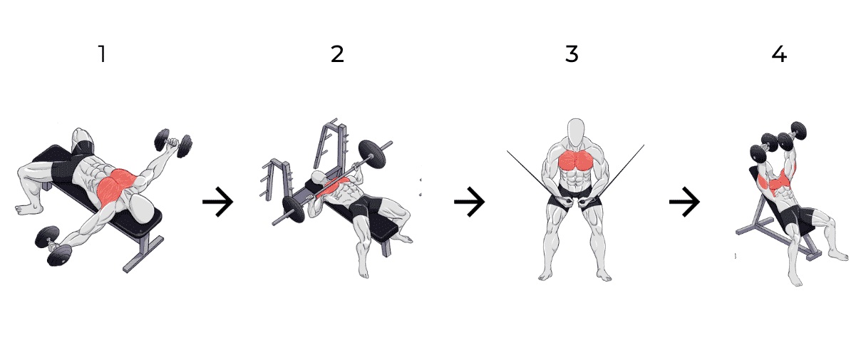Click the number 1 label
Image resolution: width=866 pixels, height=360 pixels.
point(103,53)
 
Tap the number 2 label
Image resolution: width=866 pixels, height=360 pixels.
point(338,53)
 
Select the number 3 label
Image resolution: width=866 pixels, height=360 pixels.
point(572,53)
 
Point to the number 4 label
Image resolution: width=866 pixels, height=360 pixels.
point(779,53)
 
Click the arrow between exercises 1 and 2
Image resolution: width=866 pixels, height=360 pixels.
point(218,202)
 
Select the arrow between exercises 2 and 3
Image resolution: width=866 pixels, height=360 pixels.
point(469,202)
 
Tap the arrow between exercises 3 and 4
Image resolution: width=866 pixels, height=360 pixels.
point(685,202)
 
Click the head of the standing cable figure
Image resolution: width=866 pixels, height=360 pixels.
point(576,132)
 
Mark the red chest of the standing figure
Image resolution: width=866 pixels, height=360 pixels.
point(576,160)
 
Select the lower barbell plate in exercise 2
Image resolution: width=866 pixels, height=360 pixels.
point(294,209)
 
